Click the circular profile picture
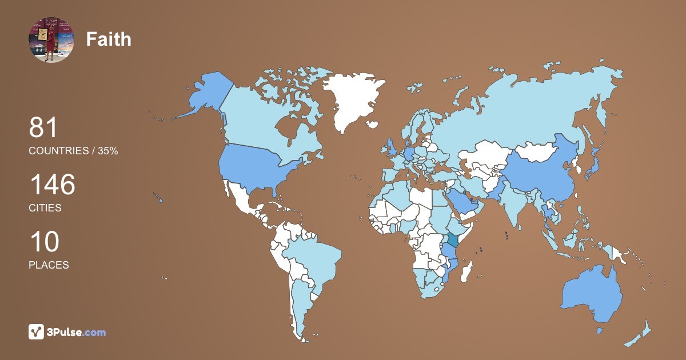pyautogui.click(x=51, y=39)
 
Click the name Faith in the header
pyautogui.click(x=109, y=39)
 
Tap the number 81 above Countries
pyautogui.click(x=43, y=127)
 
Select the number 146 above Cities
pyautogui.click(x=52, y=185)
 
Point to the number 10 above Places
pyautogui.click(x=43, y=242)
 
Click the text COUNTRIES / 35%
pyautogui.click(x=73, y=151)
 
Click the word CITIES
pyautogui.click(x=45, y=208)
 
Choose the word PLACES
pyautogui.click(x=49, y=265)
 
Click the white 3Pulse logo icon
pyautogui.click(x=36, y=332)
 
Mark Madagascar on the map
pyautogui.click(x=467, y=271)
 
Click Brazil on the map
pyautogui.click(x=314, y=260)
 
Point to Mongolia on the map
pyautogui.click(x=536, y=152)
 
